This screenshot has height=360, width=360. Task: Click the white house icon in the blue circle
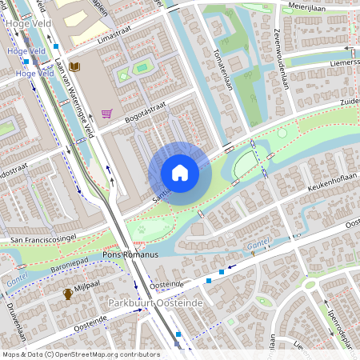pos(180,173)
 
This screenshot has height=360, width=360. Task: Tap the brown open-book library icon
pos(74,66)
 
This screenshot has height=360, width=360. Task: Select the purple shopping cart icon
pos(106,114)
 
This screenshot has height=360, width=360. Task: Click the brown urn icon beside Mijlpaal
pos(69,294)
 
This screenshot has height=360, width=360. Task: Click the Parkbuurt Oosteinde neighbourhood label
pos(156,303)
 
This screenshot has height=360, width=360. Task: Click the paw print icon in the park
pos(142,227)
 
